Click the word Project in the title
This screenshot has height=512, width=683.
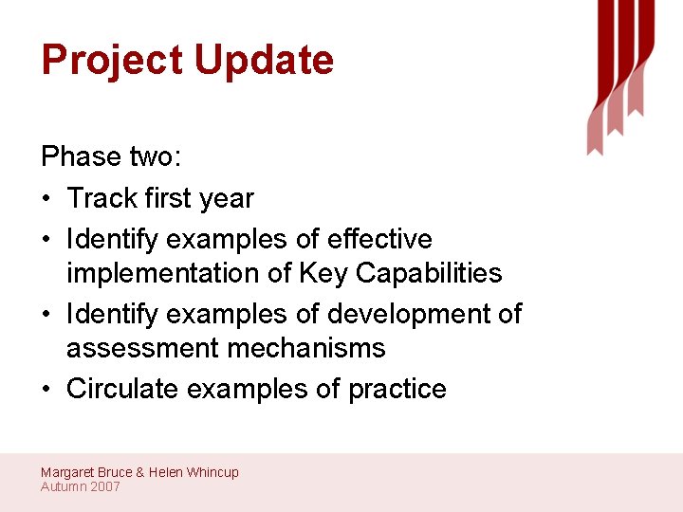[113, 61]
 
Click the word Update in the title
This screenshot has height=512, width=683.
[264, 61]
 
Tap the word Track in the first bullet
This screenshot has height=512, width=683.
[103, 198]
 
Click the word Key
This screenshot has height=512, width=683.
[323, 273]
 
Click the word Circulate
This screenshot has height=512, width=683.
[122, 389]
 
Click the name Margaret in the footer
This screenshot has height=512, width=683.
[68, 472]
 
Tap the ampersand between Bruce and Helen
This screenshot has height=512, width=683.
[140, 472]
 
